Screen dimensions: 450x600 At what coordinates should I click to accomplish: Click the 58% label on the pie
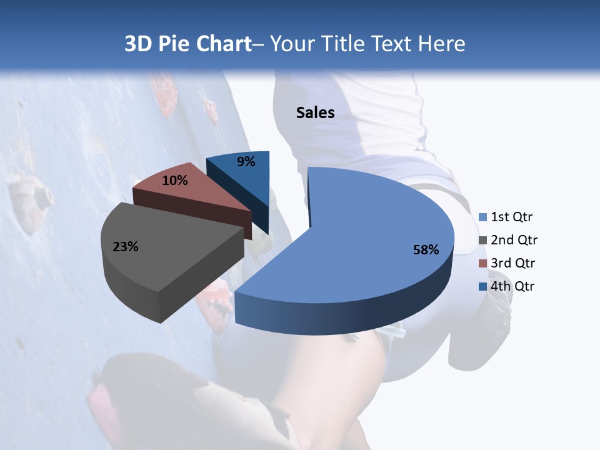tap(426, 250)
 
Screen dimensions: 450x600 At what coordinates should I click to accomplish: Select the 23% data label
tap(125, 247)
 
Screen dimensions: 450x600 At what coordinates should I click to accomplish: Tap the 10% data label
tap(174, 181)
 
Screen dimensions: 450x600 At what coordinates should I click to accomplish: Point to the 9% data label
tap(246, 162)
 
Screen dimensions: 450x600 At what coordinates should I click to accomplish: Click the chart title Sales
tap(315, 112)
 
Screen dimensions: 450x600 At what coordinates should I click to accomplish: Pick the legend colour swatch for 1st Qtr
tap(482, 217)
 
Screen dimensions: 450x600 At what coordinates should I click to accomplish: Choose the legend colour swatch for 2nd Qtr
tap(482, 240)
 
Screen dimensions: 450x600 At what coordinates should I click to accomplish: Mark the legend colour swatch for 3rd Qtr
tap(482, 263)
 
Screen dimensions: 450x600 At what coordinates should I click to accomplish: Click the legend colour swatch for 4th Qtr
tap(482, 286)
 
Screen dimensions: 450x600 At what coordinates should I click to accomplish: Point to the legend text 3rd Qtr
tap(513, 263)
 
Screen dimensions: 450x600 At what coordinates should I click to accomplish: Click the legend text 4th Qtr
tap(513, 286)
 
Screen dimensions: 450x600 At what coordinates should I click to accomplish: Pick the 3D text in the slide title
tap(138, 44)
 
